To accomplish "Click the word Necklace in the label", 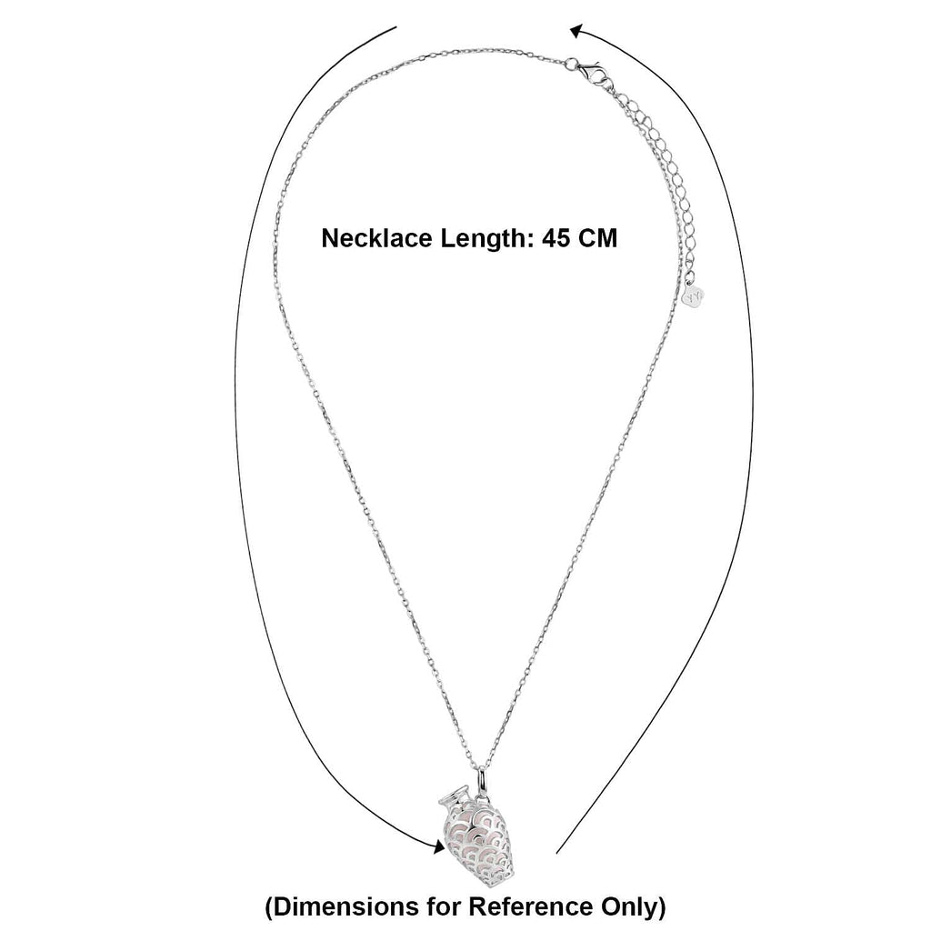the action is pyautogui.click(x=376, y=238).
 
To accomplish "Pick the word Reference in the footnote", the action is pyautogui.click(x=531, y=906).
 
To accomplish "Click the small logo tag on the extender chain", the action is pyautogui.click(x=695, y=295).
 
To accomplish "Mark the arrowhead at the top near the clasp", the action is pyautogui.click(x=576, y=32).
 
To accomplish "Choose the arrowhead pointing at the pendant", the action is pyautogui.click(x=438, y=846).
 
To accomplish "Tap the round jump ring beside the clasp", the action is pyautogui.click(x=571, y=63).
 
